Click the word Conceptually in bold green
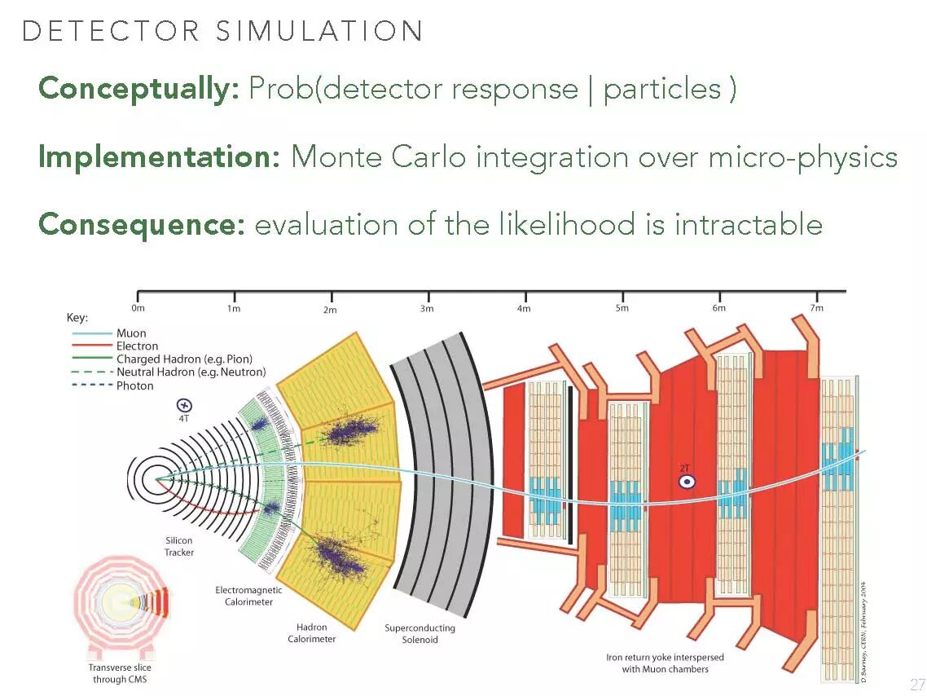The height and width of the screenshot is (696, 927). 138,89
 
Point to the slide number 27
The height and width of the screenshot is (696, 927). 916,683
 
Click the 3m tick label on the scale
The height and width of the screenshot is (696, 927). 427,309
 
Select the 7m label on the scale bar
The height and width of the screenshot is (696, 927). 816,308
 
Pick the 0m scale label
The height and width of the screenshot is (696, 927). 138,309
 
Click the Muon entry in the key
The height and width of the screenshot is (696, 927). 131,333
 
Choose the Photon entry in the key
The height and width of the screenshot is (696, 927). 134,385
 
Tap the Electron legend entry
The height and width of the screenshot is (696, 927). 137,346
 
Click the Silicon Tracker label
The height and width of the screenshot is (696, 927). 179,546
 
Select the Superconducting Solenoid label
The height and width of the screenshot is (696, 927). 420,634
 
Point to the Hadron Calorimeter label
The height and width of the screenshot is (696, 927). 311,633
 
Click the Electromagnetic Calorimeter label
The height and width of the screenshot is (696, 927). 248,596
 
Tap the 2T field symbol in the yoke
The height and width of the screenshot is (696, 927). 687,480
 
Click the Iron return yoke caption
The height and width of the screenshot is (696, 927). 665,663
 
